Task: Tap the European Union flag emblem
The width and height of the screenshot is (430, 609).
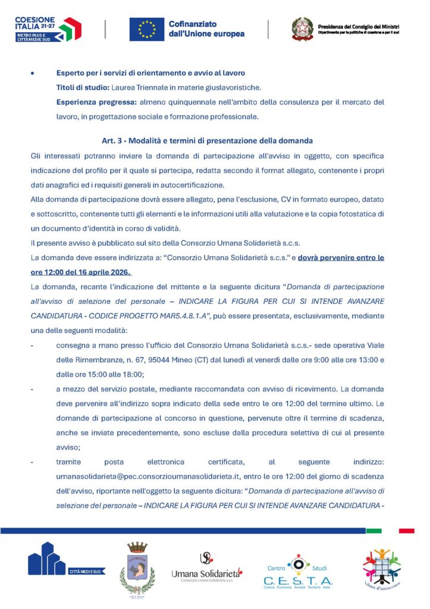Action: pos(147,29)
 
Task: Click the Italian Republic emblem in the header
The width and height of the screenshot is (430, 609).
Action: pos(302,29)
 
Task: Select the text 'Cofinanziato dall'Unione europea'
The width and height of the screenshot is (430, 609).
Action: pos(206,29)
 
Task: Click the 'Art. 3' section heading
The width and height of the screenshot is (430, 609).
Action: pos(208,140)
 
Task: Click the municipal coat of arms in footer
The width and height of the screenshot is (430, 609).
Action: pos(137,569)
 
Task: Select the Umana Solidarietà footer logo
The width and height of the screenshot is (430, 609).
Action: pos(206,568)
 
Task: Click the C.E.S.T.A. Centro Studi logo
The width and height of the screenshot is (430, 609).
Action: pos(298,571)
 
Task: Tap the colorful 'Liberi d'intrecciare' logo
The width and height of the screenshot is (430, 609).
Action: pos(382,567)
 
